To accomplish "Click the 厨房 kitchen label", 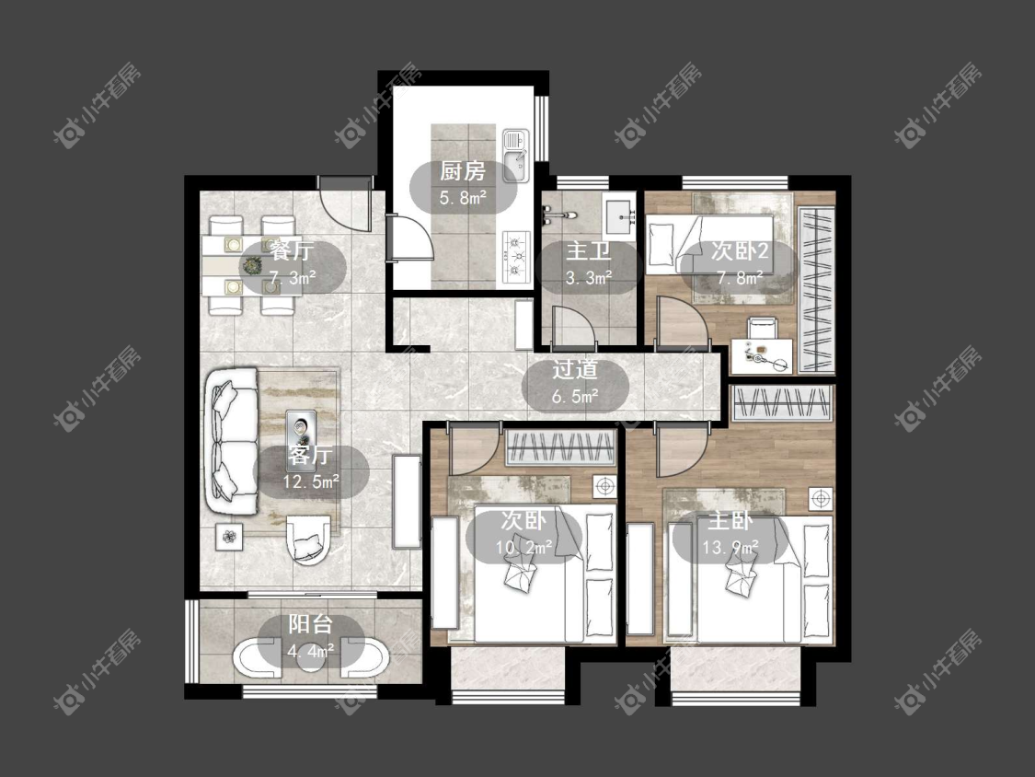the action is [x=463, y=172].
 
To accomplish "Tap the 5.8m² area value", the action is [x=463, y=197].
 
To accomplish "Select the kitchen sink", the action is [x=516, y=156].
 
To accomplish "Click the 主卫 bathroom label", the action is [x=588, y=251].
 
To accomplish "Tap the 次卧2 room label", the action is [x=740, y=251].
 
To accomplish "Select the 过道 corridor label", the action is [x=574, y=370].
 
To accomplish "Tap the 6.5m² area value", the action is [x=575, y=396].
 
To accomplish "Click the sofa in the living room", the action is [x=230, y=441].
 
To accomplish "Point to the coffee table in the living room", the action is [x=303, y=432].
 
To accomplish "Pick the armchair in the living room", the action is [x=307, y=538].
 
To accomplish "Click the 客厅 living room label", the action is [x=310, y=456].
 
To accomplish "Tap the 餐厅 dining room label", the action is [x=291, y=251].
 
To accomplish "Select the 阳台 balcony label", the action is [x=310, y=624].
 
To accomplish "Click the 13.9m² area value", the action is [x=730, y=547].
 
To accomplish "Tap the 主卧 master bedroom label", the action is [x=730, y=521].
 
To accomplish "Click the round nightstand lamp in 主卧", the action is [x=820, y=499].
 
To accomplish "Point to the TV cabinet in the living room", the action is [x=407, y=502].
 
